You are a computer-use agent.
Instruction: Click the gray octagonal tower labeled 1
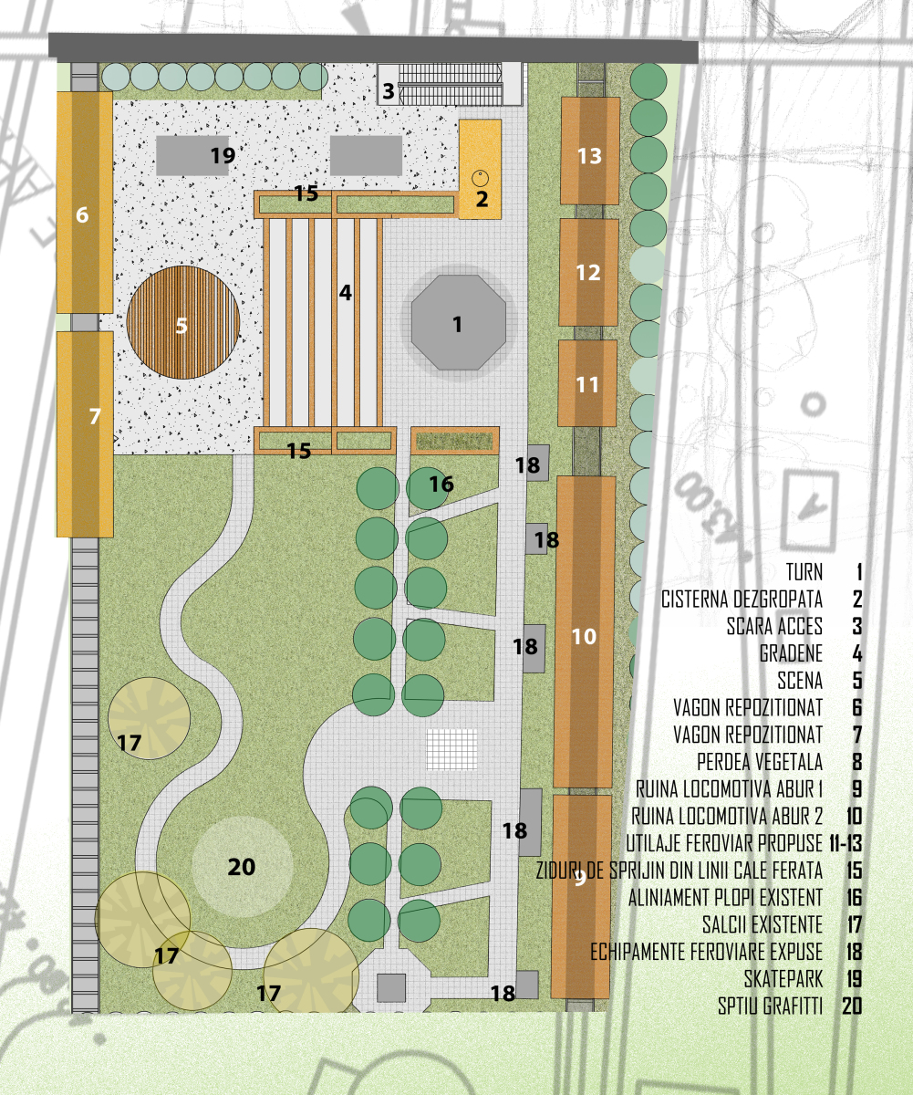point(459,322)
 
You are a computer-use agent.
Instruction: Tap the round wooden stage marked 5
point(183,322)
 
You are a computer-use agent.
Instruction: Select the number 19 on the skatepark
point(223,155)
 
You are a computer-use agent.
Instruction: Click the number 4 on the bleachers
point(345,293)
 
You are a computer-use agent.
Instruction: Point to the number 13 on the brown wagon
point(589,156)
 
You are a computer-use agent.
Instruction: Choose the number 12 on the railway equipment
point(588,273)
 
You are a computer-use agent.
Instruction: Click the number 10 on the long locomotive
point(584,637)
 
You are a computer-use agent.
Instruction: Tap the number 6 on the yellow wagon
point(82,214)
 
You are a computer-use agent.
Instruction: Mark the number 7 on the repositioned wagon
point(95,416)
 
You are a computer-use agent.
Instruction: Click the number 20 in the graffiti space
point(241,867)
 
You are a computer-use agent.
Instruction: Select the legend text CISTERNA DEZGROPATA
point(742,599)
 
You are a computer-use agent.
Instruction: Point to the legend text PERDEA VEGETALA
point(760,762)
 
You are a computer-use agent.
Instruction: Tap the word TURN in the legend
point(804,571)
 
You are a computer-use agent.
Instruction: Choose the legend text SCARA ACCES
point(774,626)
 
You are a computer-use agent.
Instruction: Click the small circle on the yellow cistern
point(480,178)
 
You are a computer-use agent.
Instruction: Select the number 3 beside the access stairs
point(388,91)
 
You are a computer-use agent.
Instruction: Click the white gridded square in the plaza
point(451,749)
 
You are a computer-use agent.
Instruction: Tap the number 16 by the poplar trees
point(441,484)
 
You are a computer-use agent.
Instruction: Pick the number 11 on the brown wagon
point(587,385)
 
